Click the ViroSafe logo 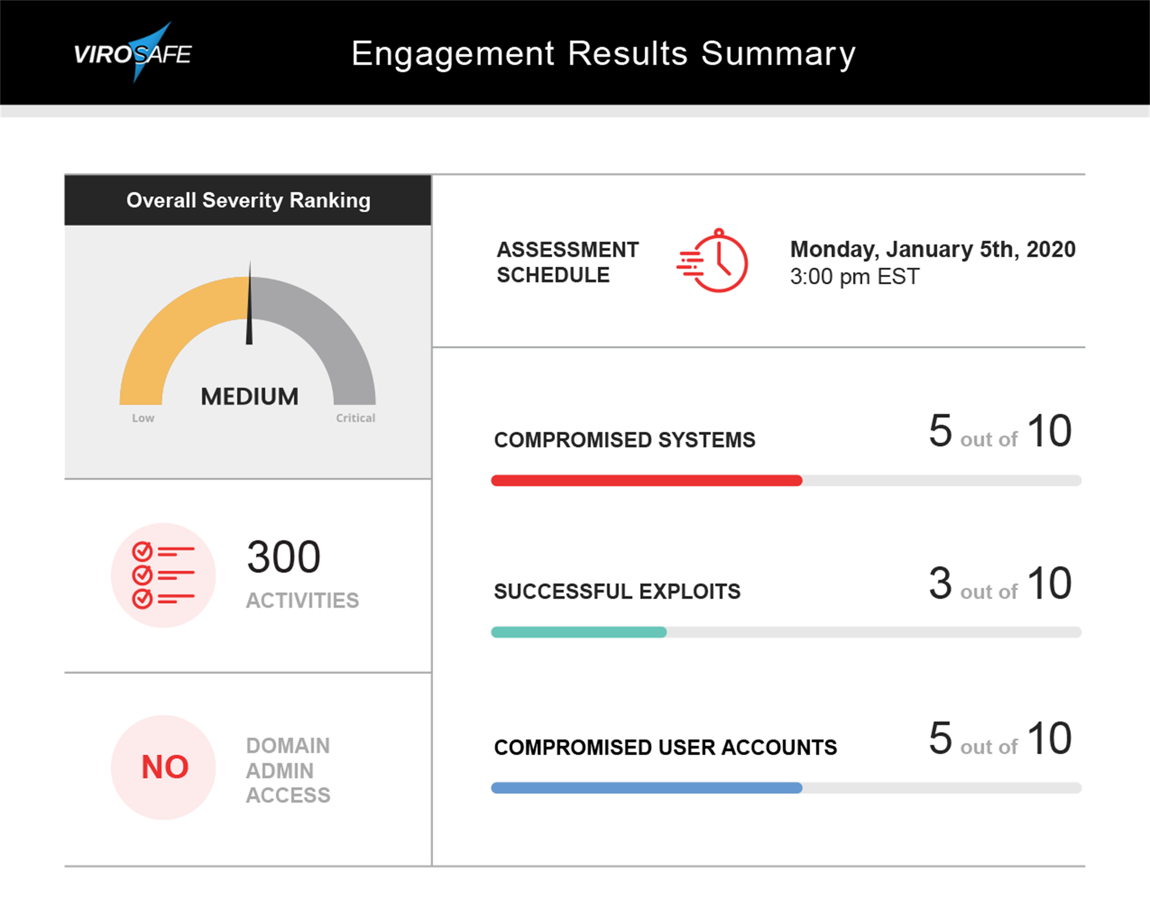tap(133, 53)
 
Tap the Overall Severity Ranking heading tap(248, 201)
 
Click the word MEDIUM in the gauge tap(249, 397)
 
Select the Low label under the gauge tap(143, 418)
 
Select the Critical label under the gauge tap(355, 418)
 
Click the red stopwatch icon tap(713, 261)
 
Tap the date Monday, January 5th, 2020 tap(932, 250)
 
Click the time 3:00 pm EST tap(854, 277)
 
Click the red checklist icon tap(163, 575)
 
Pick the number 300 tap(283, 557)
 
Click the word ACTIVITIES tap(302, 600)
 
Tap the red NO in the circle tap(165, 767)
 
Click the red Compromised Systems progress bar tap(646, 481)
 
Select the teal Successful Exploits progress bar tap(579, 632)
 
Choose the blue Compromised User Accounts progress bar tap(646, 788)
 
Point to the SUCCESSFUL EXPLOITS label tap(617, 592)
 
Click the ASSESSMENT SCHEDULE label tap(567, 263)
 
